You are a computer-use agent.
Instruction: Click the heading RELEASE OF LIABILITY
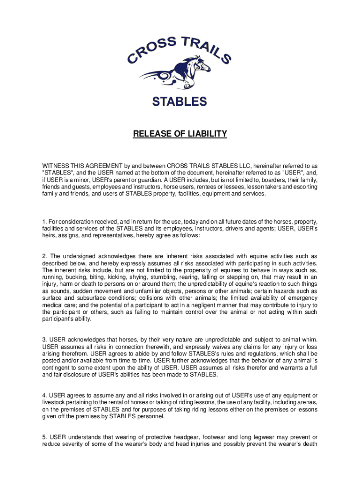point(180,134)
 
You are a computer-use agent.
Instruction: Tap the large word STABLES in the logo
point(180,101)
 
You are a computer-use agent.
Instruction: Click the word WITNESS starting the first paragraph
point(57,166)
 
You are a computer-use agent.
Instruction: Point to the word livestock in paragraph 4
point(55,403)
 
